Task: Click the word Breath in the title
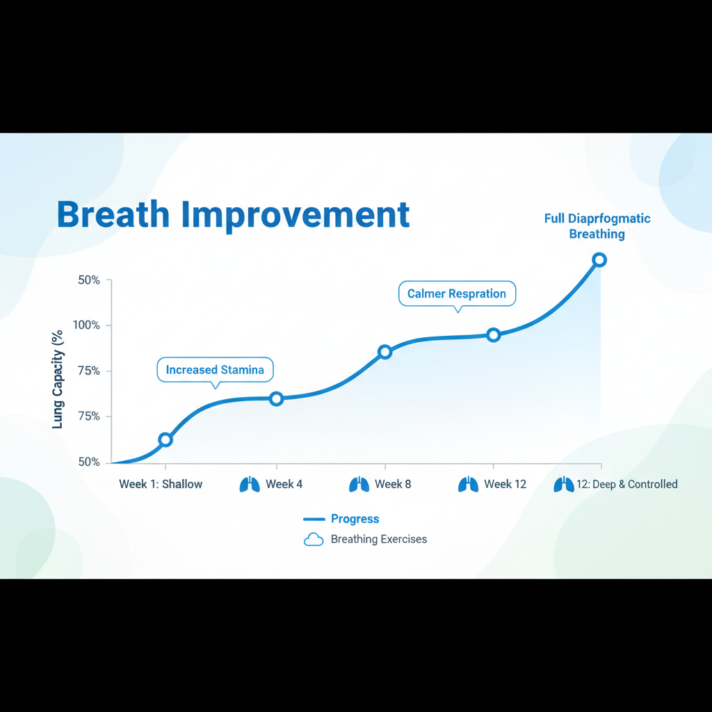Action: point(113,214)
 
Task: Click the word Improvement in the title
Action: point(296,216)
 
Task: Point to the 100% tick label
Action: point(86,325)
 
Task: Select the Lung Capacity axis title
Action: point(57,380)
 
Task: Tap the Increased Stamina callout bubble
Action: point(216,370)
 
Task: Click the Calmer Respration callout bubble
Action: point(457,293)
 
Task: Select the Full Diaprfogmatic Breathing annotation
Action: point(597,226)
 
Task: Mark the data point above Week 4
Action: point(276,399)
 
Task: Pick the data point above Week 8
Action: point(385,352)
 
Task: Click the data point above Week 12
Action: point(494,335)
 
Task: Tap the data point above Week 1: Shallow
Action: point(165,439)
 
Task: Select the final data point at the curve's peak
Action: point(599,260)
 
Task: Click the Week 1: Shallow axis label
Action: point(161,484)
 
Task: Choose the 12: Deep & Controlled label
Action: point(627,484)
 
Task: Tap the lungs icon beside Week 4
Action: point(250,485)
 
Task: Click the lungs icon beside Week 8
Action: point(359,485)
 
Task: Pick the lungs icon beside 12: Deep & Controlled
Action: point(564,485)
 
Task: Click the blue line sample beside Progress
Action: point(314,519)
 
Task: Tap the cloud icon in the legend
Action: point(314,540)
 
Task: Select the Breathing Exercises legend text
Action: point(379,539)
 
